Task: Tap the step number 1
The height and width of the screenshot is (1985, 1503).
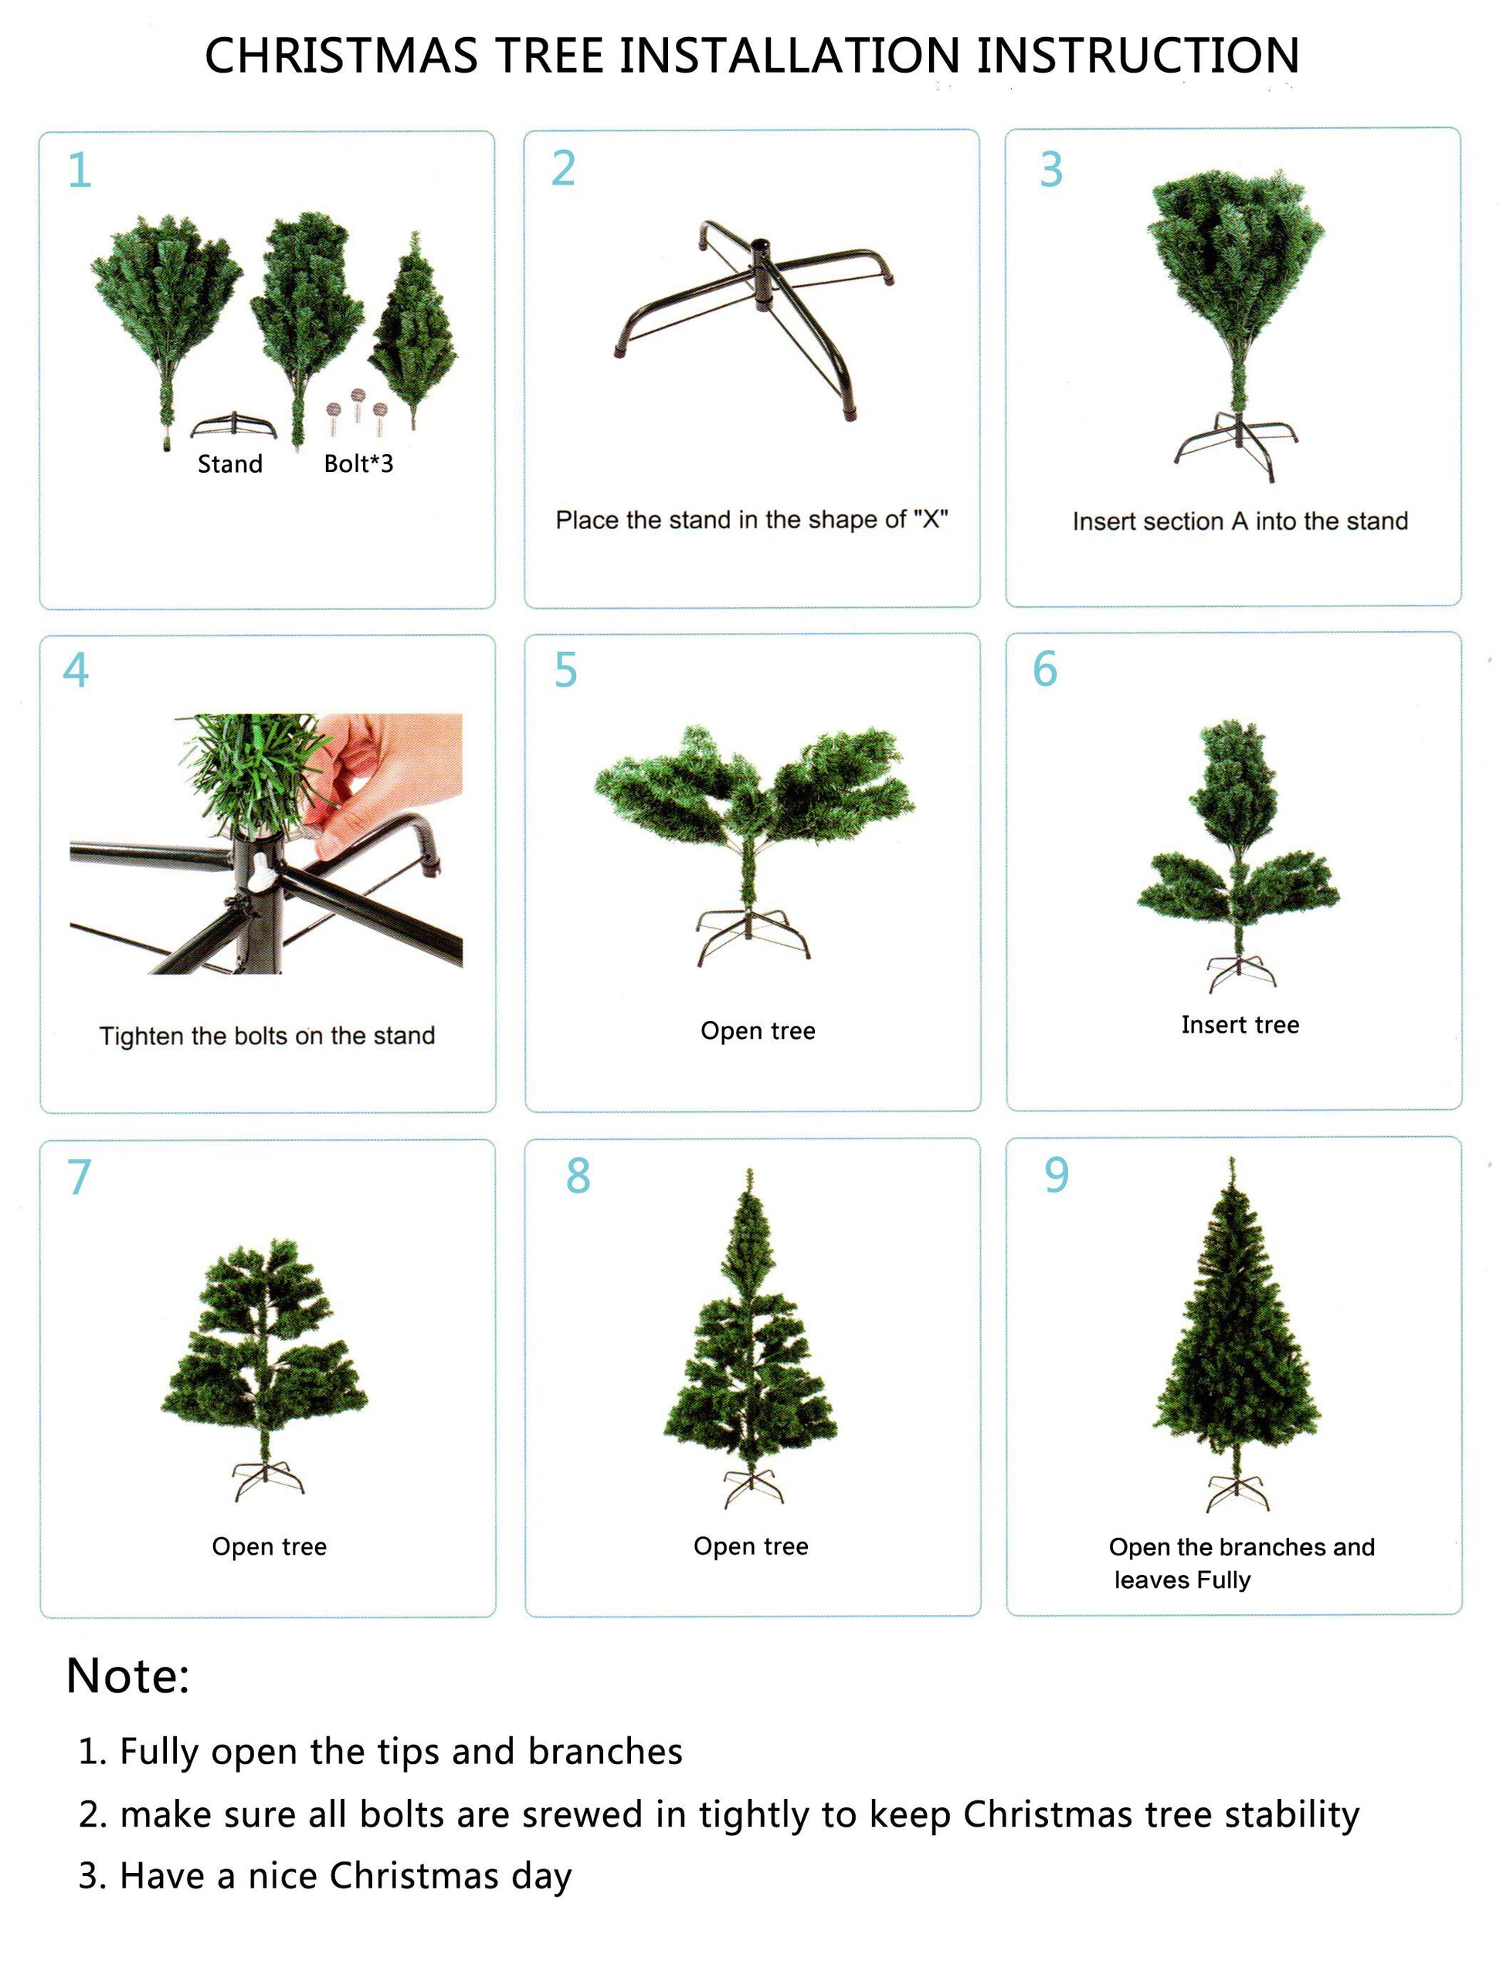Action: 80,170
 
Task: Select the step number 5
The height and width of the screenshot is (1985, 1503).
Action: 565,670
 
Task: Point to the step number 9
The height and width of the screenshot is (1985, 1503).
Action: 1056,1175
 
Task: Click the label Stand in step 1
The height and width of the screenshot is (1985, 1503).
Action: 229,464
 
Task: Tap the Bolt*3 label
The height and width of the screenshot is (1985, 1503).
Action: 358,463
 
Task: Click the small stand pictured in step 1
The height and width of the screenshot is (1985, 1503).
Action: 233,425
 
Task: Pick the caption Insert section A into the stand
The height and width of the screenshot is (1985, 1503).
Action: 1240,521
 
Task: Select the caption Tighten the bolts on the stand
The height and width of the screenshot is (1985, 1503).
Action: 266,1036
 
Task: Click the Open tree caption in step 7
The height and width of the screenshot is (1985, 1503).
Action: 270,1546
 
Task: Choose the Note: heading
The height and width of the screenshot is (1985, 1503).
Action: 128,1675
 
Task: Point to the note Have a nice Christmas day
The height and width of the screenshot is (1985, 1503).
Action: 325,1875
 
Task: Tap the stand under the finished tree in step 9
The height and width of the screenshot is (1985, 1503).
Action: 1238,1491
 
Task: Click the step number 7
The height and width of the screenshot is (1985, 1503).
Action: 79,1176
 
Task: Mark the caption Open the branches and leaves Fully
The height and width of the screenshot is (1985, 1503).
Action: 1242,1563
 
